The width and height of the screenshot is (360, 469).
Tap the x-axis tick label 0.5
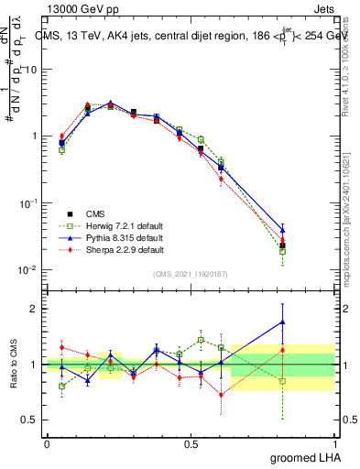pyautogui.click(x=191, y=443)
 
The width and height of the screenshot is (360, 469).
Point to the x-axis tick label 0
pyautogui.click(x=47, y=443)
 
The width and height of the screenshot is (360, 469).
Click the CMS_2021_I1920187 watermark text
pyautogui.click(x=190, y=274)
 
